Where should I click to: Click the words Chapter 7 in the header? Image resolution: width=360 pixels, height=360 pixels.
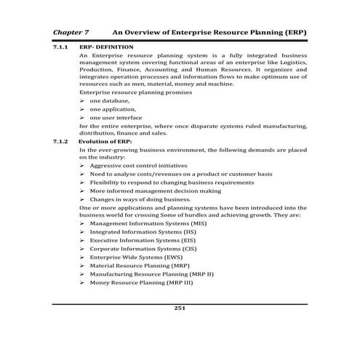[71, 33]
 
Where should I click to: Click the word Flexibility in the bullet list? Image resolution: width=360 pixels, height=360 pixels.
[107, 182]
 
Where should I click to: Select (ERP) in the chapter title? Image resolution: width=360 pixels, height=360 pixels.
[291, 33]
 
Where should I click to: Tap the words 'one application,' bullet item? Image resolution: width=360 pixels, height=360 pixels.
[113, 108]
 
